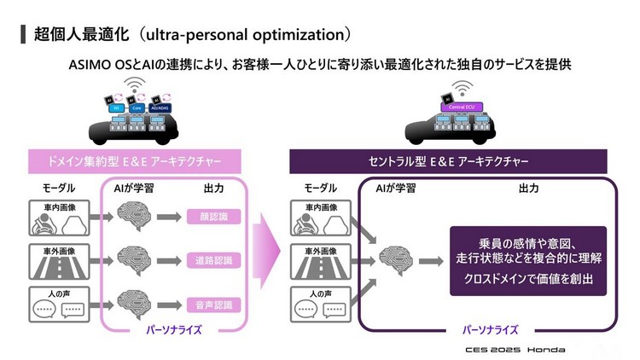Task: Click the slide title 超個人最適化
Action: point(81,35)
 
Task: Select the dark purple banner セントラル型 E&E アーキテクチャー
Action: point(452,161)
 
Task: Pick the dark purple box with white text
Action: point(528,260)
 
